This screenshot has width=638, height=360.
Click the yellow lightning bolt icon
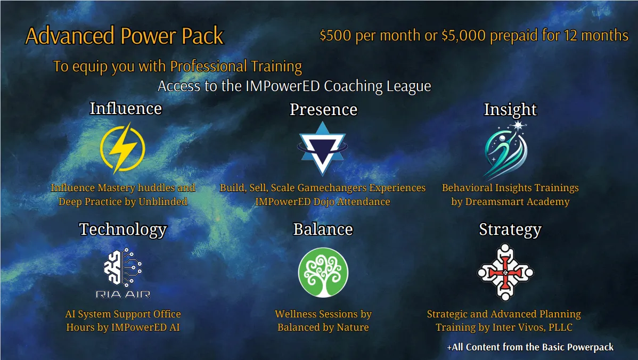pos(122,148)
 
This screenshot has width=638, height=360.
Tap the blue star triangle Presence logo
pos(322,149)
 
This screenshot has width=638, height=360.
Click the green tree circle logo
pos(323,272)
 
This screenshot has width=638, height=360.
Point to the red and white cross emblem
pos(505,272)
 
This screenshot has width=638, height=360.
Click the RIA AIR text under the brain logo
pos(123,294)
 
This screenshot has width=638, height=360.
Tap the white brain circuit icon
pos(122,266)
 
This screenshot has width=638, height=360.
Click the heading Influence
pos(126,109)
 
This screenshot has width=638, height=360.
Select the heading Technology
pos(123,230)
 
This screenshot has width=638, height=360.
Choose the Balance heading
pos(323,230)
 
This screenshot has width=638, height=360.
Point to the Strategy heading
pos(510,230)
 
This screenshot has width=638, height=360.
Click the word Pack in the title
pos(202,36)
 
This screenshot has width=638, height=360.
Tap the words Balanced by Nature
pos(323,328)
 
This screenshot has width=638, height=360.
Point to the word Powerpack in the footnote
pos(591,347)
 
